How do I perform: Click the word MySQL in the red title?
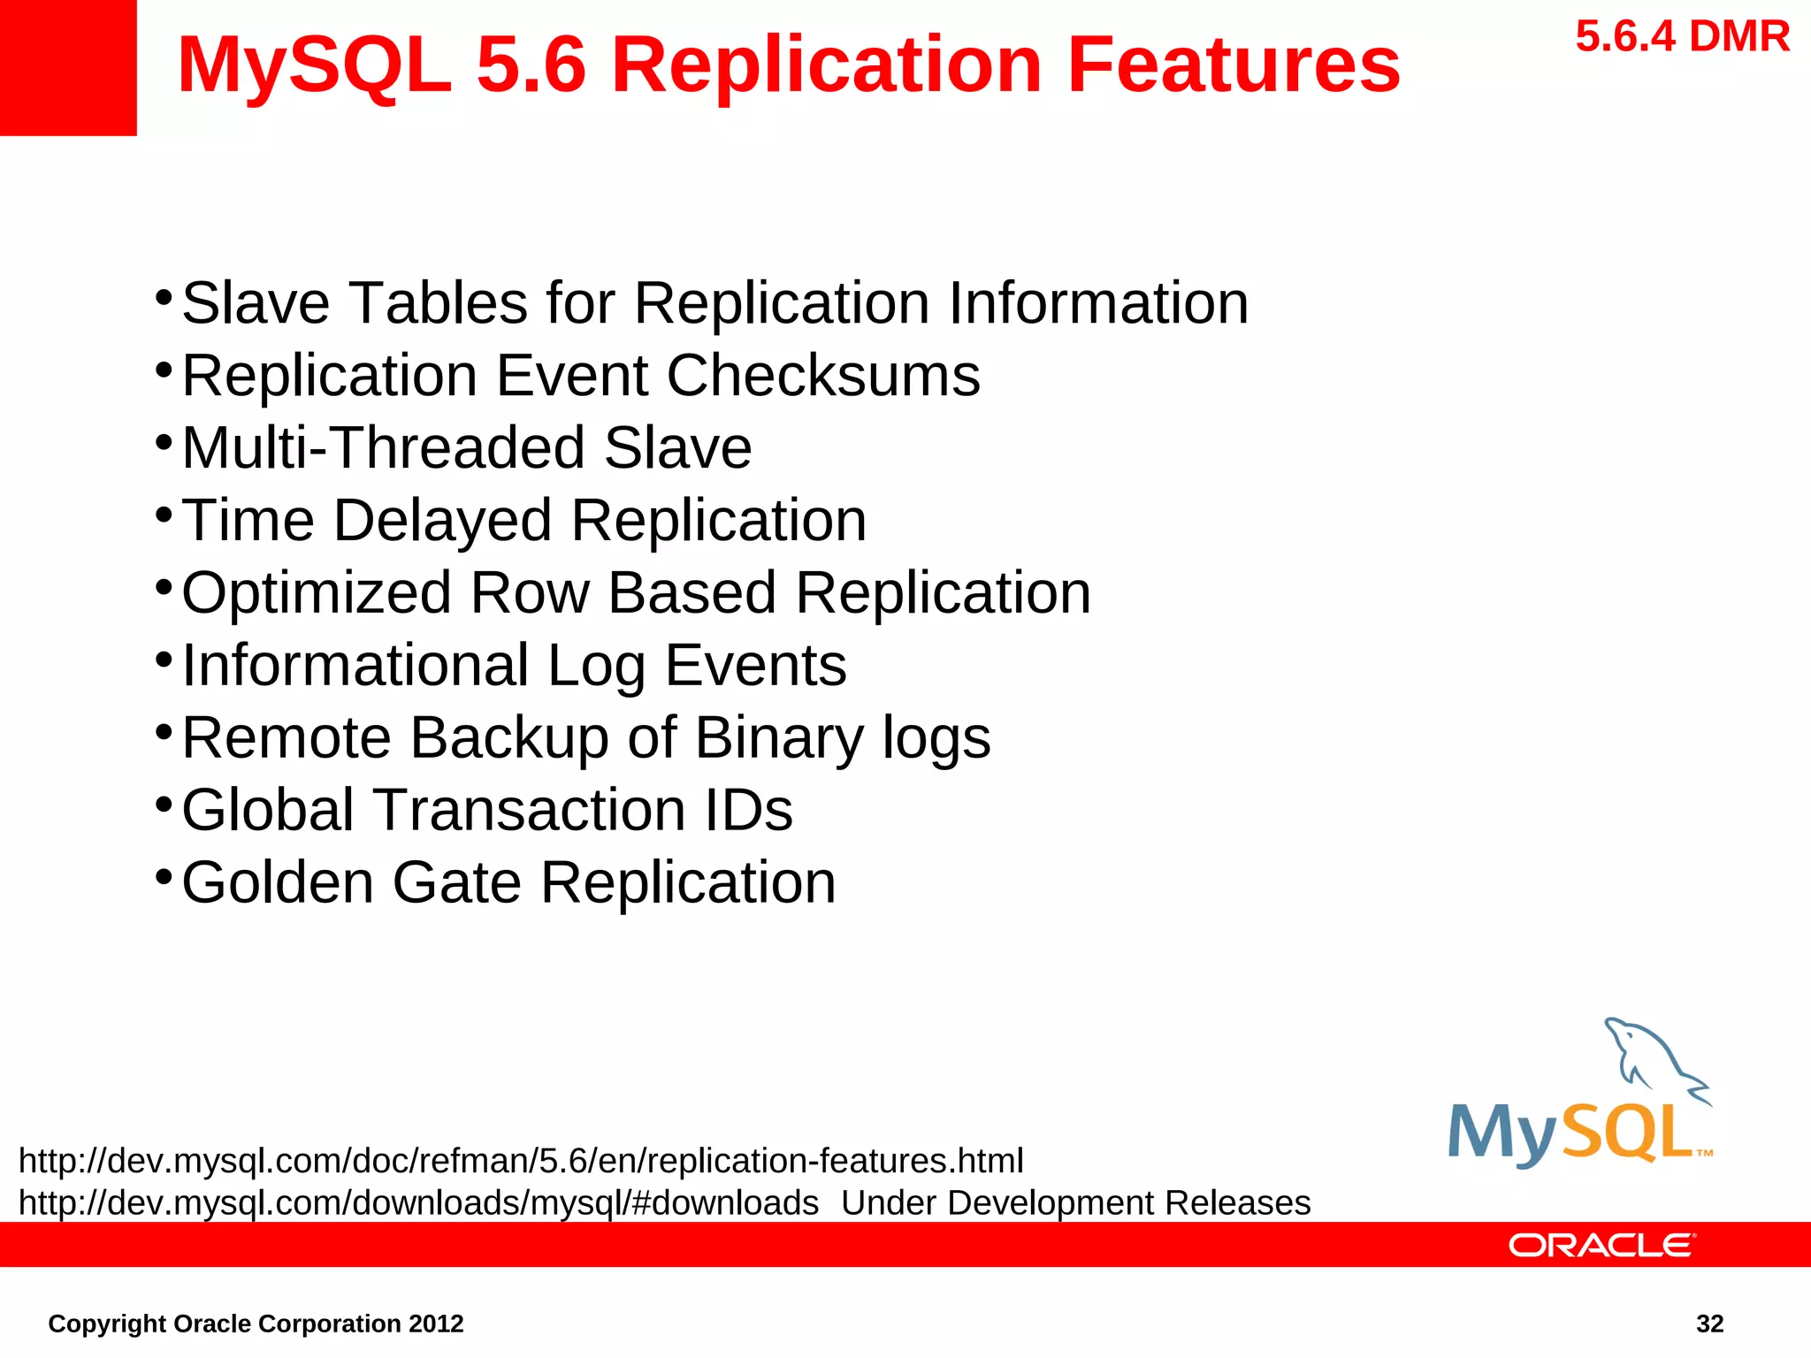(x=314, y=65)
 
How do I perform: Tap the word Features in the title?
(x=1234, y=65)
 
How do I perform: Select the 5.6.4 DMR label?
(x=1682, y=37)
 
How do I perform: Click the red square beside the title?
(x=68, y=68)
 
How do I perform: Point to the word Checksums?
(x=822, y=376)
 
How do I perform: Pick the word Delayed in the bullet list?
(x=442, y=520)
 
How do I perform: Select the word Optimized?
(x=316, y=592)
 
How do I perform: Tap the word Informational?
(x=355, y=665)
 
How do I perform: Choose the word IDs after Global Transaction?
(x=748, y=810)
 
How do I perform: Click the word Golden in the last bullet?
(x=278, y=882)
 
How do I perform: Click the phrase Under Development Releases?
(x=1075, y=1203)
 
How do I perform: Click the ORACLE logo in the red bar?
(x=1601, y=1246)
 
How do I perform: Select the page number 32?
(x=1709, y=1324)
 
